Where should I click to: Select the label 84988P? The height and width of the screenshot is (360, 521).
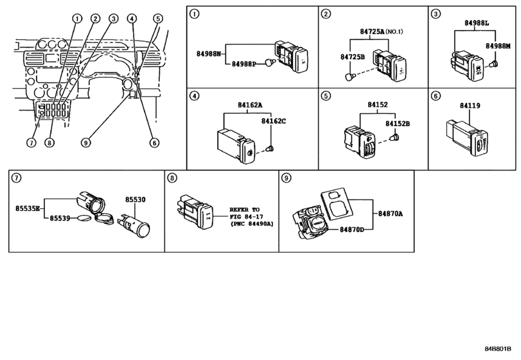[x=243, y=64]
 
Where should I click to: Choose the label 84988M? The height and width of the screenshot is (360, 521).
[x=498, y=46]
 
